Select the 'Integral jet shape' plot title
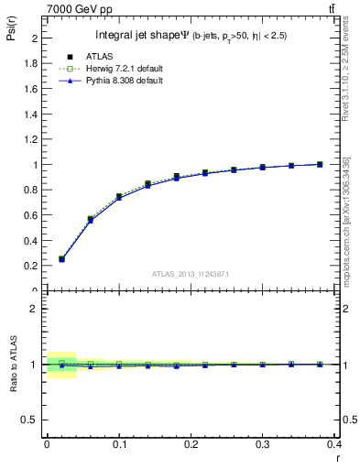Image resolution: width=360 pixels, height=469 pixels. (142, 36)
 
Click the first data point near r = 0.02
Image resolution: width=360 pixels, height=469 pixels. (61, 259)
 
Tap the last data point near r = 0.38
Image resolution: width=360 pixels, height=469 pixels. (320, 165)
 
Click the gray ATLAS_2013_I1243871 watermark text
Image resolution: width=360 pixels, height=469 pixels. (190, 274)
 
